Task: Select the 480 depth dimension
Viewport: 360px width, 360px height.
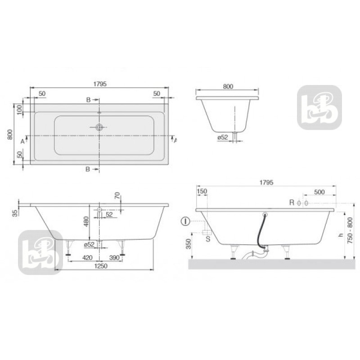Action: pyautogui.click(x=85, y=221)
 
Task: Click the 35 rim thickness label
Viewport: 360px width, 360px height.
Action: pyautogui.click(x=15, y=213)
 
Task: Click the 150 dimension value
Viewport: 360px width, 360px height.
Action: pyautogui.click(x=202, y=192)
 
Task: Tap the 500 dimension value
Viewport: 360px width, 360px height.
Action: pyautogui.click(x=319, y=192)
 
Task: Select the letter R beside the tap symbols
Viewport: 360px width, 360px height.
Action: pyautogui.click(x=292, y=203)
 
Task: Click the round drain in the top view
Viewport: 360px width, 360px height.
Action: pyautogui.click(x=99, y=127)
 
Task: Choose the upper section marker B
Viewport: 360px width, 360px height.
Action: pyautogui.click(x=89, y=100)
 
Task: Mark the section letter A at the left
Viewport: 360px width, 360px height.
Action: pyautogui.click(x=22, y=140)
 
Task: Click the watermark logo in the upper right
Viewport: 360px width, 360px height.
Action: pyautogui.click(x=319, y=107)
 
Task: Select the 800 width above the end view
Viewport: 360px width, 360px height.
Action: pyautogui.click(x=228, y=87)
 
